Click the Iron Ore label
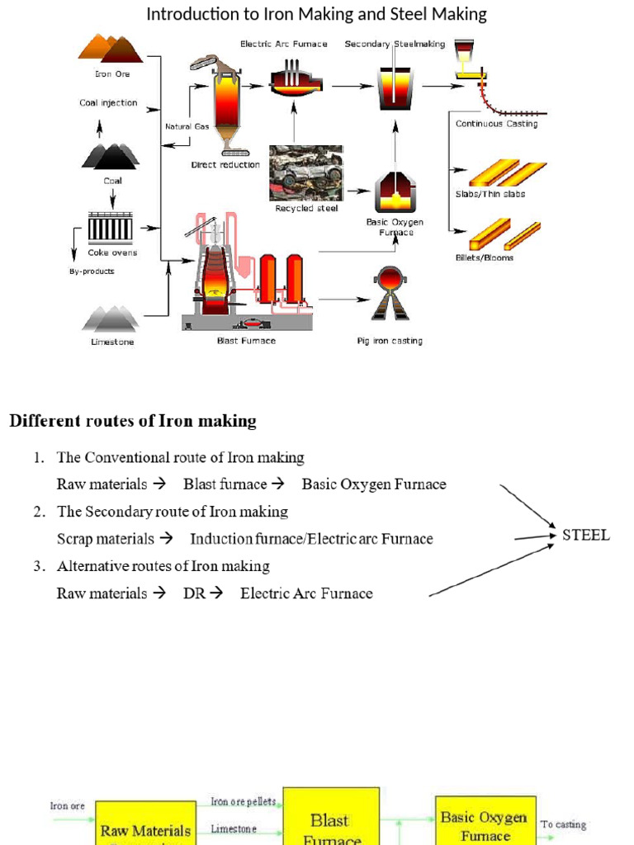point(112,74)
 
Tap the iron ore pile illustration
point(111,47)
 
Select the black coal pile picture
point(110,155)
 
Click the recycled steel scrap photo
point(306,173)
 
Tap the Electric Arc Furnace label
point(283,44)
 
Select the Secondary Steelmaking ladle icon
point(395,86)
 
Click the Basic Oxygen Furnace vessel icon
point(395,193)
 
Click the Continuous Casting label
point(496,124)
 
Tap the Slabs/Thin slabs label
point(490,194)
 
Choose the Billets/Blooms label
point(485,257)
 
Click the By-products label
point(91,271)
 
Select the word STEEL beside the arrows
point(586,535)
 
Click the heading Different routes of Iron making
point(133,421)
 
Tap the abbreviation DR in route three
point(193,593)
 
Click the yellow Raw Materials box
point(145,828)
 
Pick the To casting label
point(564,824)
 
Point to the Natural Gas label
point(187,126)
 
